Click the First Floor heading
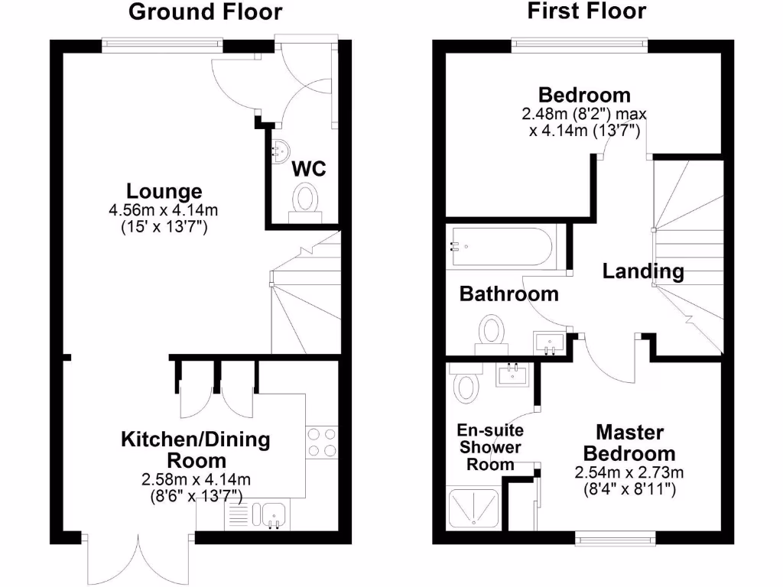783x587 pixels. point(586,11)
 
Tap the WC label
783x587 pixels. point(310,169)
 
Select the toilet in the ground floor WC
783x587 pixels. point(307,201)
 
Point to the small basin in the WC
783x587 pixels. point(280,152)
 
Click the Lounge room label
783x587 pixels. point(164,191)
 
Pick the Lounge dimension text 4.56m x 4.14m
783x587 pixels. point(164,209)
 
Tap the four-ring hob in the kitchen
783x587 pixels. point(322,443)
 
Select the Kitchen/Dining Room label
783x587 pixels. point(196,450)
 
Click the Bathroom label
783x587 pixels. point(508,293)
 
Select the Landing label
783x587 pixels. point(642,271)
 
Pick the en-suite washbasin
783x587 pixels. point(513,375)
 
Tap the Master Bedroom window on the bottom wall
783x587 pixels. point(616,538)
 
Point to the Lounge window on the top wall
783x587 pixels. point(163,44)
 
